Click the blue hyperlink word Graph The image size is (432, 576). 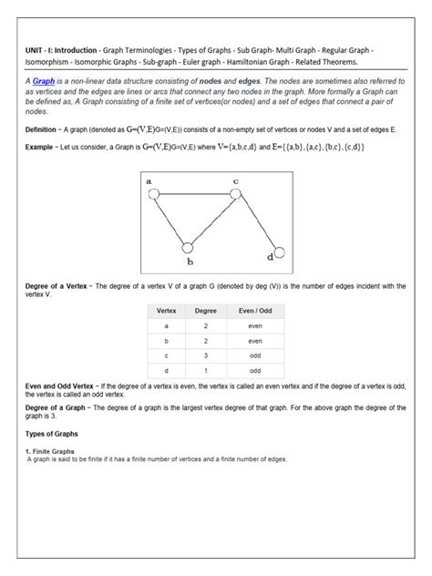coord(45,81)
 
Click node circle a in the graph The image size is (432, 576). coord(154,194)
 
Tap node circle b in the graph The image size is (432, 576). coord(188,247)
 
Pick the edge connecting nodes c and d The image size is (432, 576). coord(257,222)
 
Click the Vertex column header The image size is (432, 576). coord(166,311)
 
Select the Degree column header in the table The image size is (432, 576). coord(206,311)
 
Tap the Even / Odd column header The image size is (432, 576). coord(255,311)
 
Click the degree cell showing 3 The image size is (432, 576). coord(206,355)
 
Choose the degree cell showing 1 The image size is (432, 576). coord(206,371)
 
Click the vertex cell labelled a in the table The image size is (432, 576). coord(166,325)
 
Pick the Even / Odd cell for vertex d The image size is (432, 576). coord(255,371)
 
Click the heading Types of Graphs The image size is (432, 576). coord(52,433)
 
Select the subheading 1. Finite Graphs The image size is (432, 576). coord(51,451)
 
